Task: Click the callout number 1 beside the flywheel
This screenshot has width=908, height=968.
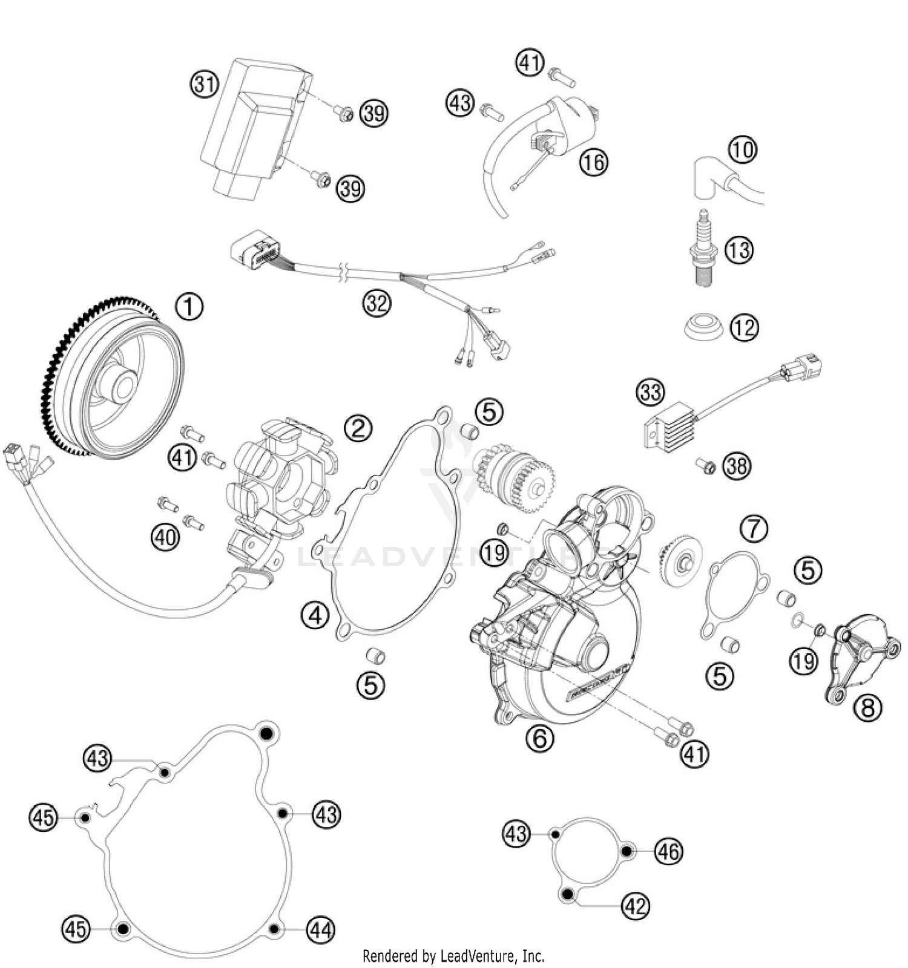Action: [189, 307]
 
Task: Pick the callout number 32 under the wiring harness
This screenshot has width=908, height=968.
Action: [377, 302]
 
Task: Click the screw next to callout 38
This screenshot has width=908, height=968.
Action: [705, 466]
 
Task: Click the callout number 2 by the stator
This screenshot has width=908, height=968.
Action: [358, 428]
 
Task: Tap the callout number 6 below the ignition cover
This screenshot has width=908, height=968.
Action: [539, 737]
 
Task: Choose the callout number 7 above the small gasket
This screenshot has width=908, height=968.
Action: [754, 529]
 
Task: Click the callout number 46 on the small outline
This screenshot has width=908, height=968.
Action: [668, 851]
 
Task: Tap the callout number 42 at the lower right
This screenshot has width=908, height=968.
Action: [636, 906]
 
